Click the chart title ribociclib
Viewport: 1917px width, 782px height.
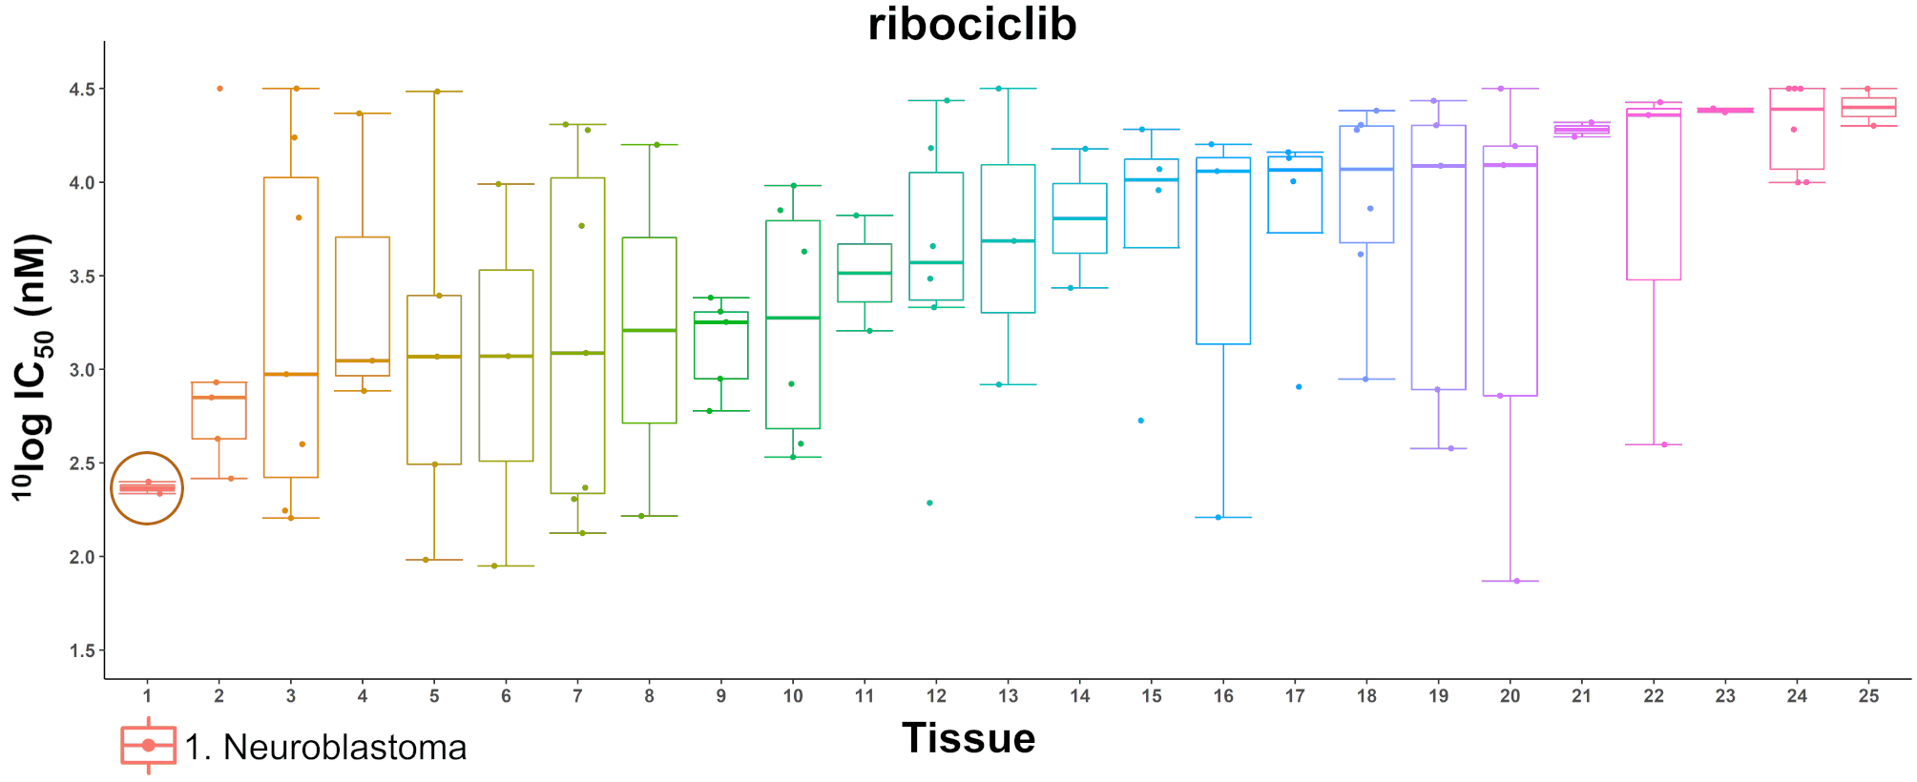click(x=971, y=25)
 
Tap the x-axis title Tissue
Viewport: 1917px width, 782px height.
click(x=969, y=739)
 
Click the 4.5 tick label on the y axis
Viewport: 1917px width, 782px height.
click(x=81, y=89)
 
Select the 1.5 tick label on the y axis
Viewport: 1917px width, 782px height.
click(x=81, y=650)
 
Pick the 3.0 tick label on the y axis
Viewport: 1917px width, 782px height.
click(x=81, y=370)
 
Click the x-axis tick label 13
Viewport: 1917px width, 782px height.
click(x=1008, y=696)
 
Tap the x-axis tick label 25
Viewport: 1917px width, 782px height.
click(x=1868, y=696)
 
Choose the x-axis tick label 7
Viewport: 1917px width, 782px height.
click(x=577, y=696)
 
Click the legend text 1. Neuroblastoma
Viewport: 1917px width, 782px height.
click(x=325, y=748)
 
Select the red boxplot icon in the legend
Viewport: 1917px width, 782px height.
click(x=148, y=745)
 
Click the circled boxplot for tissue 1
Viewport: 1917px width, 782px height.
click(x=147, y=488)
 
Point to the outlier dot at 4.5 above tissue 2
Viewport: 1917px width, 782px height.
click(x=219, y=89)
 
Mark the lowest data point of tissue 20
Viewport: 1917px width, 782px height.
click(x=1516, y=581)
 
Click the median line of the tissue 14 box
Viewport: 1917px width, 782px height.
click(x=1079, y=218)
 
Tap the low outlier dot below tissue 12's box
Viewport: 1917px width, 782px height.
click(x=929, y=503)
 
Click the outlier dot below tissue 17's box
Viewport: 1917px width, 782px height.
click(x=1299, y=387)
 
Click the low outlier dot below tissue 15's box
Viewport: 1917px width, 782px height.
click(x=1141, y=421)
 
